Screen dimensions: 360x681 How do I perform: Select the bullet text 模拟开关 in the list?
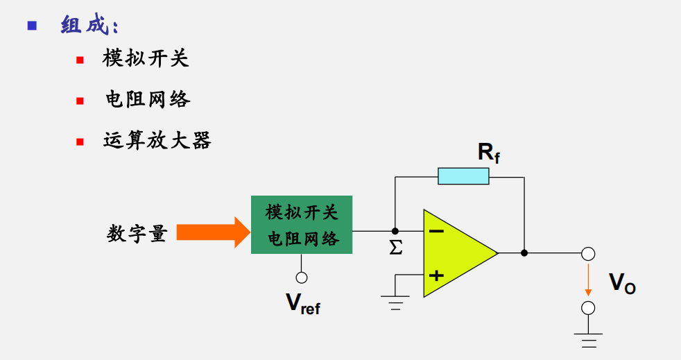[146, 58]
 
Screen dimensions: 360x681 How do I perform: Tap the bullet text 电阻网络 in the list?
[147, 99]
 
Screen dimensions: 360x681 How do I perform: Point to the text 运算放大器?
[157, 140]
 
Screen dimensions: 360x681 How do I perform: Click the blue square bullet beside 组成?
[31, 26]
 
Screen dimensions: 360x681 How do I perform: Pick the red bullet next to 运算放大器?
[80, 141]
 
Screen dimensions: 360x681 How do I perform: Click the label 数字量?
[137, 234]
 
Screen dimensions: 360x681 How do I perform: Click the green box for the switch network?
[302, 225]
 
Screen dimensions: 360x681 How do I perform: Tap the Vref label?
[303, 303]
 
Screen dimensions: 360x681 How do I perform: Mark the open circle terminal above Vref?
[302, 277]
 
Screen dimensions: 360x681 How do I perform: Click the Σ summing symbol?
[396, 248]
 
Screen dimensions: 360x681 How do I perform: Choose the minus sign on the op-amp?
[436, 231]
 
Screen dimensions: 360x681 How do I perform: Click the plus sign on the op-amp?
[436, 275]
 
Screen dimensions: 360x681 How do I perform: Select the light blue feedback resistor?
[463, 176]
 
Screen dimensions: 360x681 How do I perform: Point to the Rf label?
[488, 153]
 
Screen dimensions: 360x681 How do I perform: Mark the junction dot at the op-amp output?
[524, 253]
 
